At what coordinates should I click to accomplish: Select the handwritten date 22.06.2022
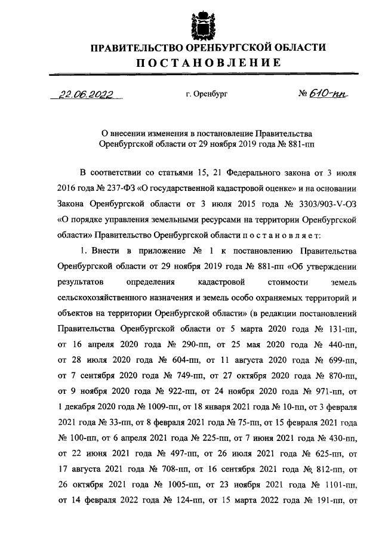tap(86, 94)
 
